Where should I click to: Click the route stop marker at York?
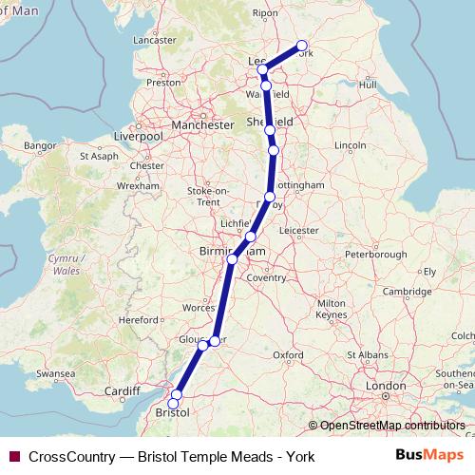coord(302,46)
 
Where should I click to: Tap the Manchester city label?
coord(201,124)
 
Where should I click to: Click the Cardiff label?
coord(123,390)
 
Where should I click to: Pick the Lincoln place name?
coord(351,144)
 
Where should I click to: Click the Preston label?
coord(163,83)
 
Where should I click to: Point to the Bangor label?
coord(39,145)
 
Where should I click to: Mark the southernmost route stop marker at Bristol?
coord(173,404)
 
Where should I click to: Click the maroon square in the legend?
coord(13,456)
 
